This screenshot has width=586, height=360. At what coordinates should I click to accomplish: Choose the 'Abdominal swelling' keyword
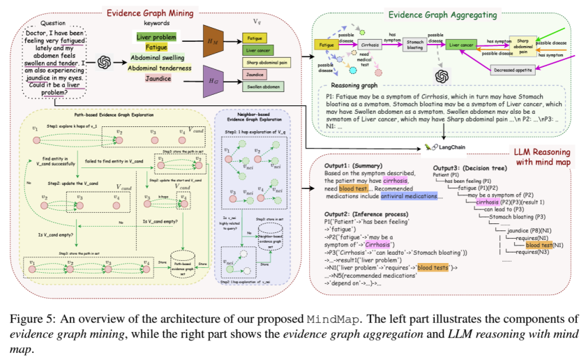pos(157,59)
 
